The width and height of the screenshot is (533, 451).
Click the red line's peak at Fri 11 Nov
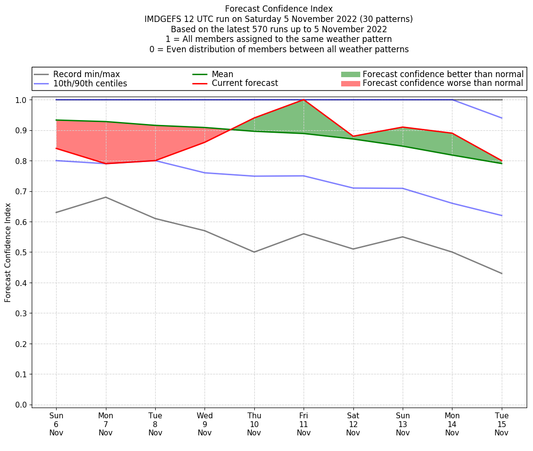pos(304,100)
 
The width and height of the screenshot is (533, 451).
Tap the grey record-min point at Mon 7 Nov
pos(106,197)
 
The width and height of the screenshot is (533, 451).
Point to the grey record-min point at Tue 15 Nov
pos(502,273)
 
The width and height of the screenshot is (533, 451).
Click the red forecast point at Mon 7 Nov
pos(106,164)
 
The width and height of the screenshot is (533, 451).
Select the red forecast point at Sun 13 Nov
pos(403,127)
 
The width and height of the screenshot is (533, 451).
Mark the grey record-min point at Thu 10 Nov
pos(254,252)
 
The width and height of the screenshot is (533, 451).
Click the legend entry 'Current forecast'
pos(245,83)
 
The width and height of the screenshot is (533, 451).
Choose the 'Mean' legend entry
pos(222,74)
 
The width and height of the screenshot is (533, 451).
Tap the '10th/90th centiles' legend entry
pos(90,83)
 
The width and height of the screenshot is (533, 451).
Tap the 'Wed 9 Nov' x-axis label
pos(205,424)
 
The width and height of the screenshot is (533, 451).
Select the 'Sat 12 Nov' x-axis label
pos(353,424)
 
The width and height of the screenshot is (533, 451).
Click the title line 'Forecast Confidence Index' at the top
pos(279,9)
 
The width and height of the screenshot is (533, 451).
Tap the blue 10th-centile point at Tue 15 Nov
pos(502,215)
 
